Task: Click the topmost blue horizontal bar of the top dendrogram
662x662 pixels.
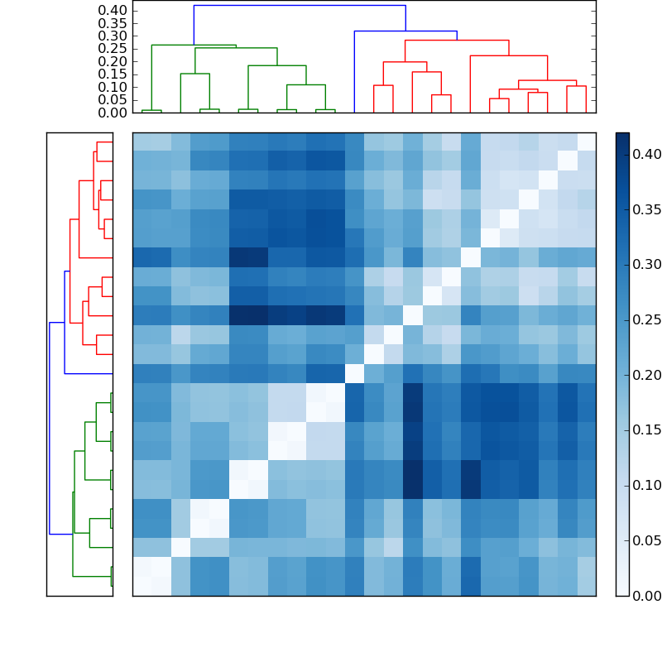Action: [300, 6]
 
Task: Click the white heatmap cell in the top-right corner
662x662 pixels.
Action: [586, 142]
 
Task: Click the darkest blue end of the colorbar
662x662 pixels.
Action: [622, 136]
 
